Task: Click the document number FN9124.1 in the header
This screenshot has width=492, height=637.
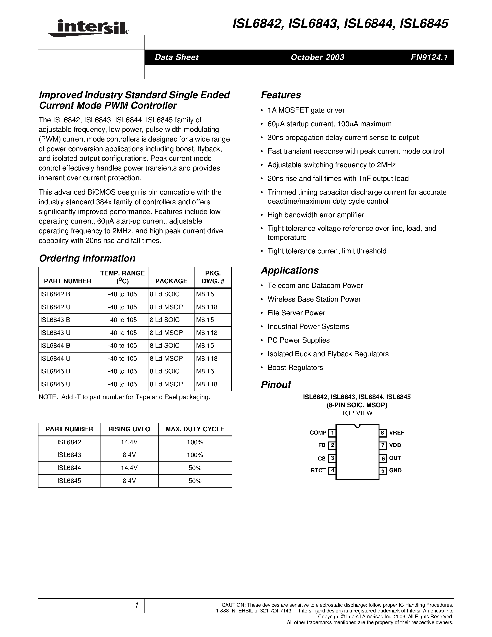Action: point(429,57)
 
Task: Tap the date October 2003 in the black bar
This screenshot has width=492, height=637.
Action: point(317,57)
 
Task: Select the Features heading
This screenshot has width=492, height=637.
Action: point(281,95)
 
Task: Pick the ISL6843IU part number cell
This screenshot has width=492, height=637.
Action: point(56,333)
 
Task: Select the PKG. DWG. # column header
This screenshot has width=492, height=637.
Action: point(213,277)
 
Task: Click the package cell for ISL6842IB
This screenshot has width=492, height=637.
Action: point(165,294)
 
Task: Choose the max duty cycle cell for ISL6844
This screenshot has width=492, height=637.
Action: point(195,468)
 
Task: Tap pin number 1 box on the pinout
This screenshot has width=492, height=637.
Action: point(332,433)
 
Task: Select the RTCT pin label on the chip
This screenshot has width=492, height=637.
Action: point(318,470)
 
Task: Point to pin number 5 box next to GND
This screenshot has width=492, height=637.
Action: point(383,471)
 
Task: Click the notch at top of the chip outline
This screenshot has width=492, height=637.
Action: point(357,426)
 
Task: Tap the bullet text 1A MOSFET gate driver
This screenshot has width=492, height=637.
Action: point(306,110)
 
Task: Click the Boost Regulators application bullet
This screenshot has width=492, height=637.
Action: point(295,368)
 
